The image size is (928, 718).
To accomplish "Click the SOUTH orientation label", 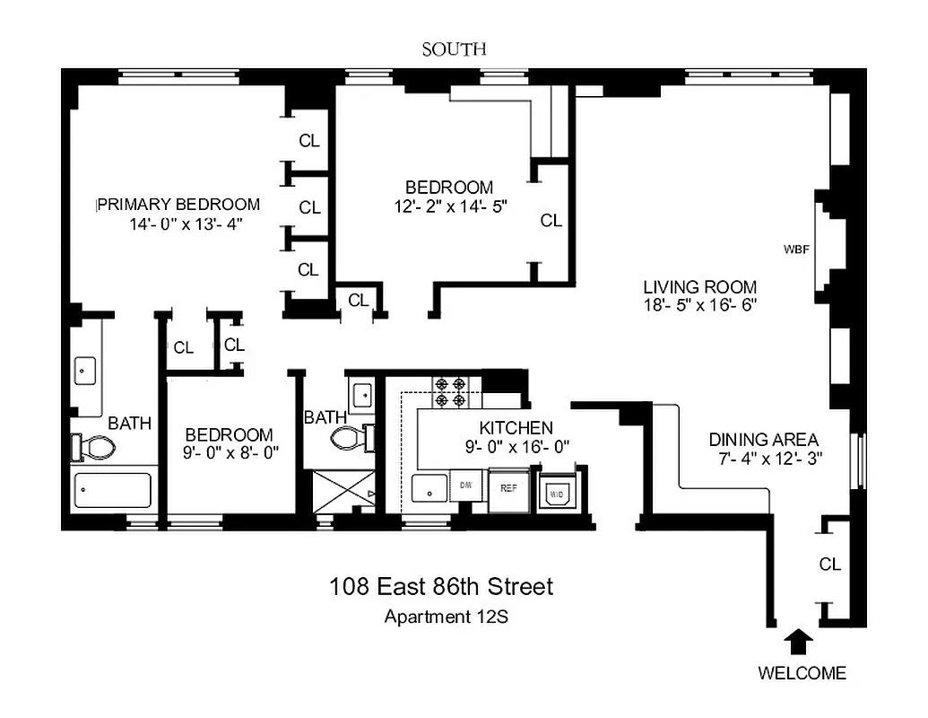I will coord(455,49).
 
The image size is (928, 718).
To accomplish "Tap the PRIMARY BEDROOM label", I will coord(179,205).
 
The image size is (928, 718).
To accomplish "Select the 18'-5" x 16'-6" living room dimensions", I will coord(700,305).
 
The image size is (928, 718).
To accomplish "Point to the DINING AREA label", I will coord(763,440).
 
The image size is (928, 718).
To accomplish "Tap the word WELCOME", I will coord(802,673).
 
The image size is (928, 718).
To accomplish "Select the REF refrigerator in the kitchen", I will coord(509,490).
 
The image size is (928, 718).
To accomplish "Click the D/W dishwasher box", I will coord(466,486).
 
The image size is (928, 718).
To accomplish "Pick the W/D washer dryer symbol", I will coord(555,492).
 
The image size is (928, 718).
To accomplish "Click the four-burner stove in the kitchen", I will coord(449,393).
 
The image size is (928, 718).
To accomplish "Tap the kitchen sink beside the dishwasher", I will coord(429,488).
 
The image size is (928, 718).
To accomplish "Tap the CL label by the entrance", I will coord(830,565).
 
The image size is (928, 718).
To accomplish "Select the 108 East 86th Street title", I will coord(441,587).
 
